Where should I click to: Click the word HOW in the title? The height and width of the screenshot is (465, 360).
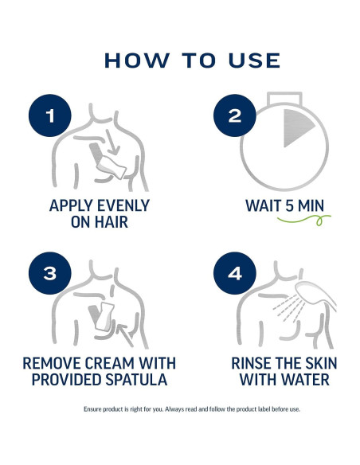(x=137, y=61)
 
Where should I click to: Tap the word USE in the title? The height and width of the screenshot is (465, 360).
(x=254, y=61)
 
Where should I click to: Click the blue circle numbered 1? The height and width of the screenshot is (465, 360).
(x=50, y=115)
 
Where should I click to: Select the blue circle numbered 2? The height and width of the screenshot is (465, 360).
(x=235, y=115)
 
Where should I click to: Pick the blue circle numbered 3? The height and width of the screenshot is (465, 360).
(x=50, y=273)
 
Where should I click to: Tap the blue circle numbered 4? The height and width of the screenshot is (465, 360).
(x=235, y=273)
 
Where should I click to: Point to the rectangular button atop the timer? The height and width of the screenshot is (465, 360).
(x=284, y=99)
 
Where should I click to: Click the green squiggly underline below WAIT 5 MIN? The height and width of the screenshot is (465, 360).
(x=303, y=220)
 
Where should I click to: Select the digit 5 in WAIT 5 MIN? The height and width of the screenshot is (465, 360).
(x=289, y=205)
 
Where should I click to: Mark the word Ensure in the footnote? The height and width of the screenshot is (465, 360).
(x=92, y=409)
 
